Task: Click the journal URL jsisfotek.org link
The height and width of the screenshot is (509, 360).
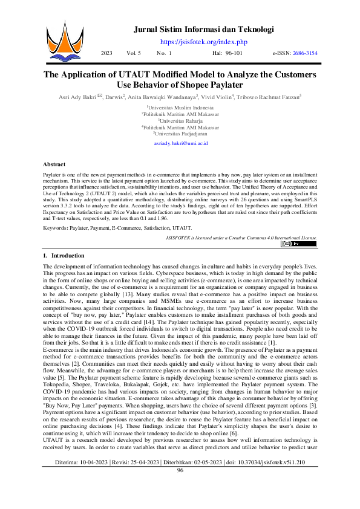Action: pos(204,41)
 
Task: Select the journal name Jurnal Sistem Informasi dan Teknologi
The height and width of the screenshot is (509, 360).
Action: pos(204,29)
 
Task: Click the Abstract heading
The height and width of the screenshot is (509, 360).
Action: pos(54,164)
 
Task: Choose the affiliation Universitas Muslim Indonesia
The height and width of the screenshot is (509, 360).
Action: pos(180,107)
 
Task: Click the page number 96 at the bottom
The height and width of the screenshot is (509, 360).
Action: pos(180,487)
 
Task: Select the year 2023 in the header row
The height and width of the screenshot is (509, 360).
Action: pos(106,54)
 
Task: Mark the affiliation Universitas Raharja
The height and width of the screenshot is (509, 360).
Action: pos(180,120)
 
